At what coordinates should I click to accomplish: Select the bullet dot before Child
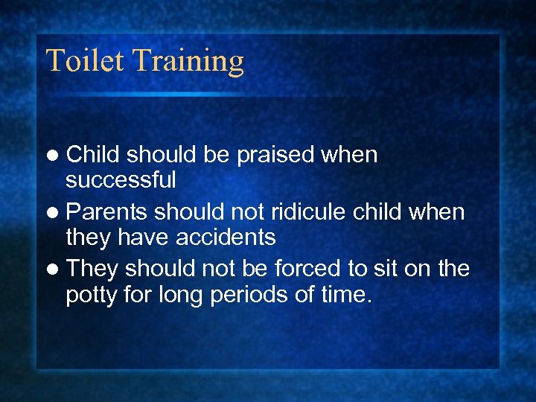click(x=55, y=156)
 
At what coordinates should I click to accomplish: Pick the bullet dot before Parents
click(x=55, y=213)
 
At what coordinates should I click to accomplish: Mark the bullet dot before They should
click(x=55, y=269)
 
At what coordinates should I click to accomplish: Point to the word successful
click(x=121, y=179)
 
